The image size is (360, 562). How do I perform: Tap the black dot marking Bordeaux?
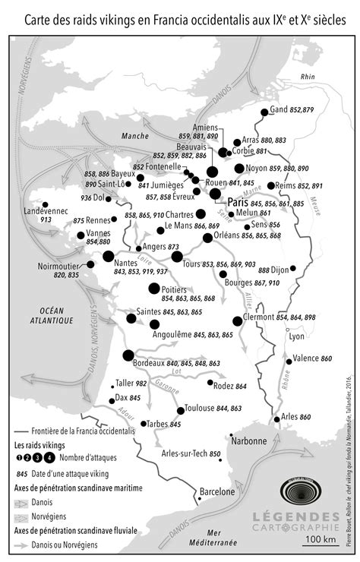(x=128, y=355)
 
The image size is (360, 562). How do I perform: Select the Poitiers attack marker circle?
(x=154, y=289)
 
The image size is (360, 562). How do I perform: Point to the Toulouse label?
(x=200, y=409)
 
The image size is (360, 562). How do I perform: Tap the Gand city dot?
(x=264, y=112)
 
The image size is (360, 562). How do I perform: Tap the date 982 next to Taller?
(x=141, y=384)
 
